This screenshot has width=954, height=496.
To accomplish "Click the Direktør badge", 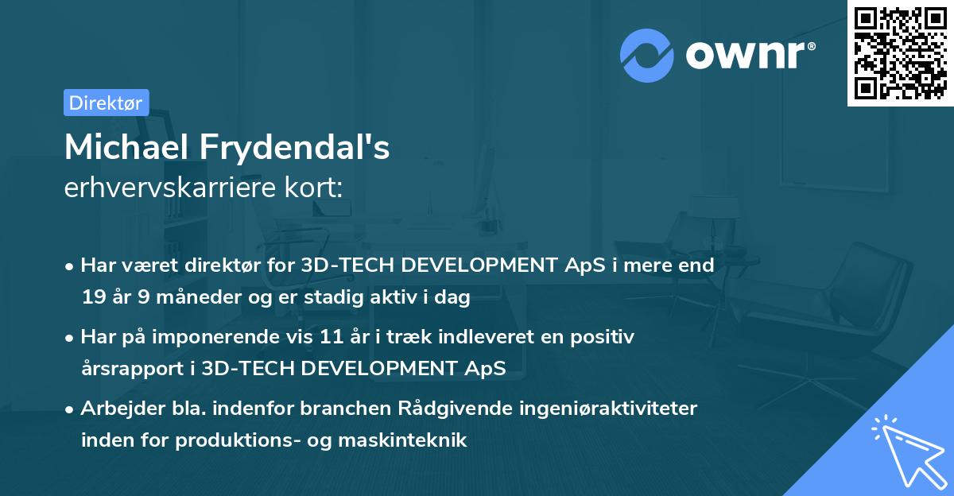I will point(106,103).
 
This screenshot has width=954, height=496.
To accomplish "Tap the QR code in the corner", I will point(901,52).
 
